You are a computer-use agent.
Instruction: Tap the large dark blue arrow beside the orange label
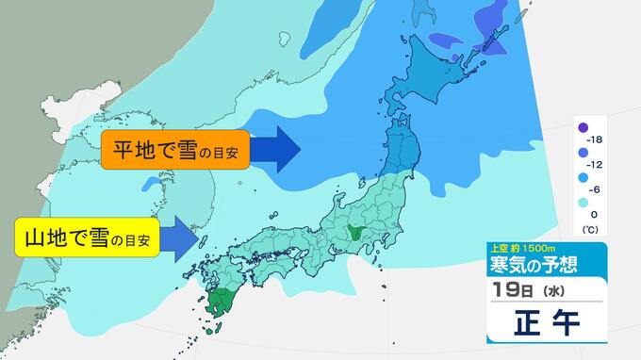click(276, 149)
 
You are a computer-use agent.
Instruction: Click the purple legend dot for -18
click(583, 128)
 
